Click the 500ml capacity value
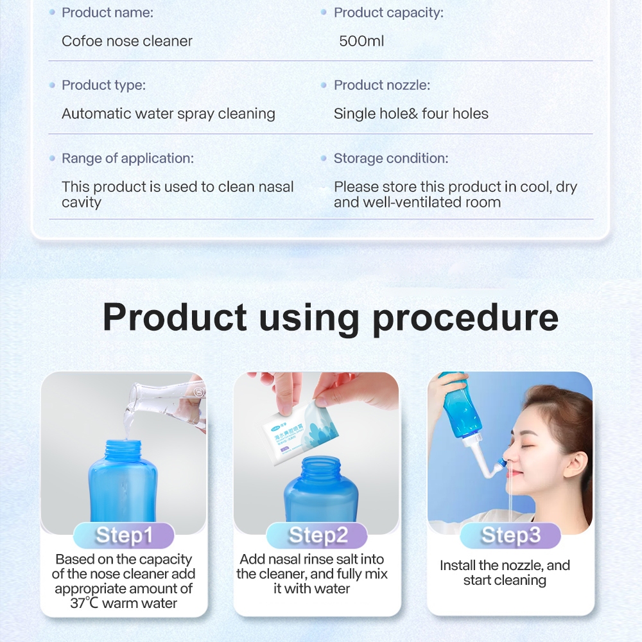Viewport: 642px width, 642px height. (x=361, y=41)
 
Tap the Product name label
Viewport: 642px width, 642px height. (x=108, y=13)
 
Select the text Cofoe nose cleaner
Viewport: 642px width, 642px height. (x=127, y=41)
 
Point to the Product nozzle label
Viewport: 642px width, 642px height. (x=382, y=85)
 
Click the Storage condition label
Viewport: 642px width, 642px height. (x=391, y=159)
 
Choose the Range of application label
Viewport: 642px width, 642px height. (x=128, y=159)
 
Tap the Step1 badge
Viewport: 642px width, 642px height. (x=124, y=535)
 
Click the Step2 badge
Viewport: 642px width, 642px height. (x=317, y=535)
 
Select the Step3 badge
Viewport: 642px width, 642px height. (x=510, y=535)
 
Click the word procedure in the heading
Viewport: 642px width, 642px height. (x=465, y=318)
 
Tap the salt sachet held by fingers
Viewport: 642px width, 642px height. (x=300, y=432)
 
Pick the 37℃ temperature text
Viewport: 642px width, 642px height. (x=84, y=603)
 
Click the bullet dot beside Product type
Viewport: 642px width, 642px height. (x=52, y=85)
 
